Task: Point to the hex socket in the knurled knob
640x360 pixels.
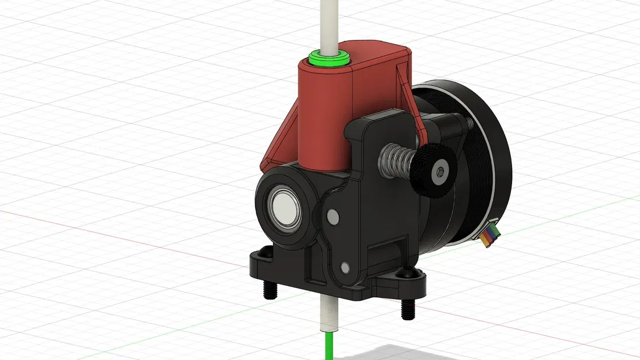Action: [441, 172]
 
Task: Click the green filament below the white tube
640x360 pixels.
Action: [329, 346]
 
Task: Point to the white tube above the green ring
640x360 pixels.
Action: [327, 23]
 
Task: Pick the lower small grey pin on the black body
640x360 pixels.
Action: [344, 267]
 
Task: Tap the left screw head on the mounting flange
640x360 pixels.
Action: [266, 252]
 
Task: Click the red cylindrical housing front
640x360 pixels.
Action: [323, 115]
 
